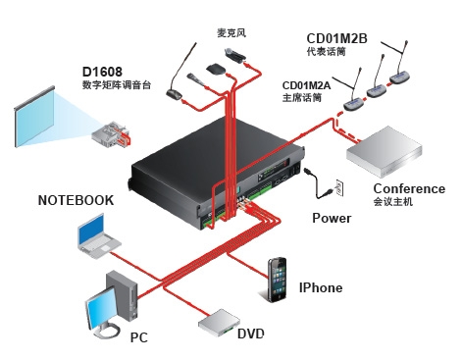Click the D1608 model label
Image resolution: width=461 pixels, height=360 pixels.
point(102,72)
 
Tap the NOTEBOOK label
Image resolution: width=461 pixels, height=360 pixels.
point(76,200)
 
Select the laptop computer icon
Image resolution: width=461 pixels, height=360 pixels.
point(98,236)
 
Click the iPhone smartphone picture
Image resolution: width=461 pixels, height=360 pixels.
point(278,280)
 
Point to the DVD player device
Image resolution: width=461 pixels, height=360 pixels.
point(219,324)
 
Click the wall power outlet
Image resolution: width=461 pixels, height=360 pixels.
point(339,188)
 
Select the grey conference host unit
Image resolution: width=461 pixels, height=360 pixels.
point(384,153)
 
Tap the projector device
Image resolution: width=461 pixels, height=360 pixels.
point(111,134)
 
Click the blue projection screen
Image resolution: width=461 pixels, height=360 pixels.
point(34,117)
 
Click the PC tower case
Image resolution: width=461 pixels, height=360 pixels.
point(123,294)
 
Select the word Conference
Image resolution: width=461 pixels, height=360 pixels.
point(409,188)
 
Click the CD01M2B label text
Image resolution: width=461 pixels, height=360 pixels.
point(336,38)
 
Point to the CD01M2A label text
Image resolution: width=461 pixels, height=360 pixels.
point(306,85)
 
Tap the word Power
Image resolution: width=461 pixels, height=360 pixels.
point(332,218)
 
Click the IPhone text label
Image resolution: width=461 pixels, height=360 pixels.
point(321,287)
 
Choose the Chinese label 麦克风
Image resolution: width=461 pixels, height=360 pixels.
point(231,33)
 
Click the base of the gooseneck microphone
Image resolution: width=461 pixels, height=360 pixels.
point(175,95)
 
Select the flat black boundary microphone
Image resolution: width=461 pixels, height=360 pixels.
point(216,69)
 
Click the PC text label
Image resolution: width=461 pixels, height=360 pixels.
point(139,337)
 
